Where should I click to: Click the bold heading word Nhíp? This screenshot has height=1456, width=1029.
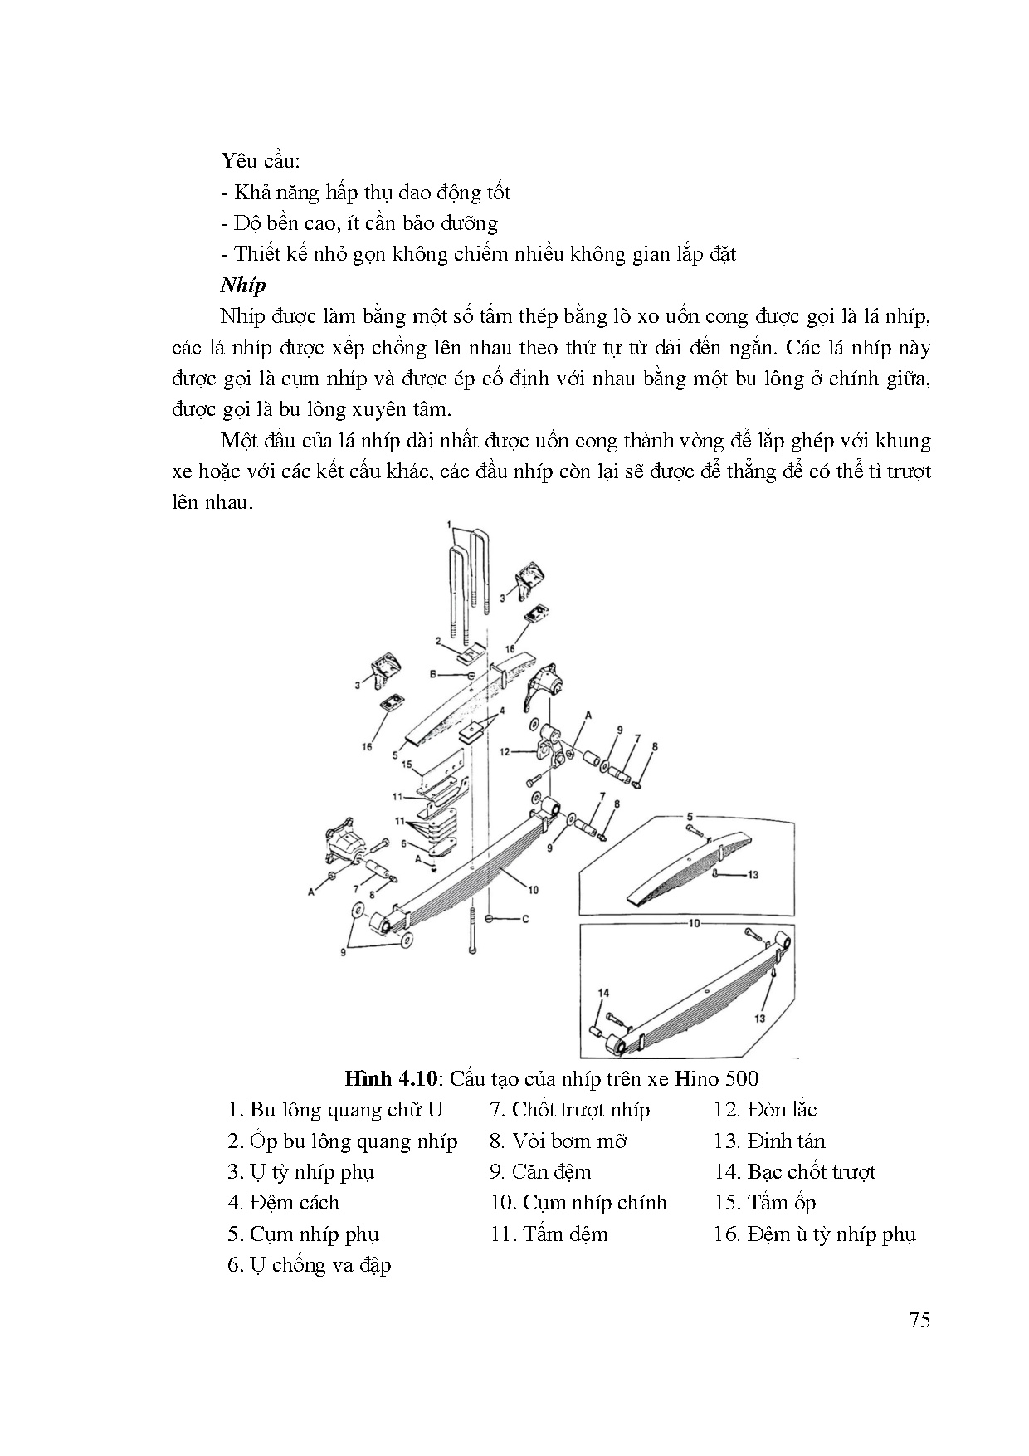tap(243, 286)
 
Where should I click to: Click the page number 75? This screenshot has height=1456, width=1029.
tap(919, 1320)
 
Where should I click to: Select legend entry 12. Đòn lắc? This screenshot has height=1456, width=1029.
tap(765, 1110)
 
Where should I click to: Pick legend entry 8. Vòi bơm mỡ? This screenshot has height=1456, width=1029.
tap(558, 1141)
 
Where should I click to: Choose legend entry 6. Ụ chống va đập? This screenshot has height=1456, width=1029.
tap(309, 1265)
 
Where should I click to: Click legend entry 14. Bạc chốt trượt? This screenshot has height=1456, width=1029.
tap(794, 1172)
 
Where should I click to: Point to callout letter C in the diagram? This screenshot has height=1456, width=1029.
tap(525, 919)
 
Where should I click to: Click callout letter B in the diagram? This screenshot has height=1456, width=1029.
tap(433, 676)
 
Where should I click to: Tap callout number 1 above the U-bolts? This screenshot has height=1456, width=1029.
tap(449, 525)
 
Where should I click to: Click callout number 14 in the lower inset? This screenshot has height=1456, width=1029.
tap(603, 993)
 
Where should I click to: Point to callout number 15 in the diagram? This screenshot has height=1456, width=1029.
tap(407, 765)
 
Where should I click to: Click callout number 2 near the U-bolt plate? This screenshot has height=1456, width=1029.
tap(437, 640)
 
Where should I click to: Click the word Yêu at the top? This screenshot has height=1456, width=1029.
tap(237, 161)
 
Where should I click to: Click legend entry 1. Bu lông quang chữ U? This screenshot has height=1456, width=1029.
tap(335, 1110)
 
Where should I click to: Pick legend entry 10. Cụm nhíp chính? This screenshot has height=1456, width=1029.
tap(578, 1203)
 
